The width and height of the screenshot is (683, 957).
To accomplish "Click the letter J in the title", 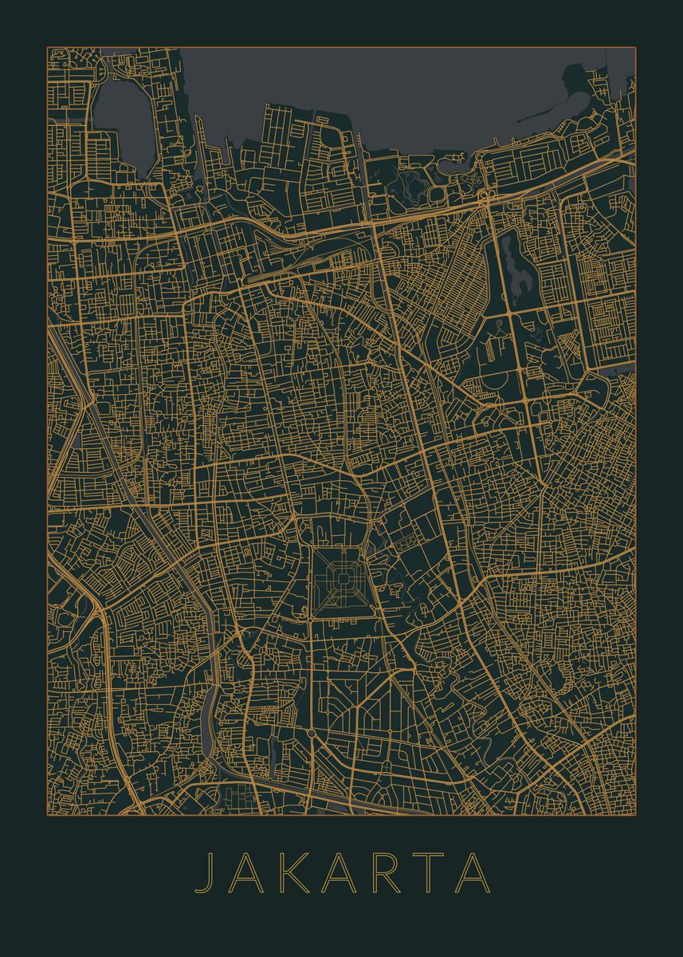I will [x=206, y=872].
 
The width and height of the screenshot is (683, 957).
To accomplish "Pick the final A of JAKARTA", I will [x=474, y=872].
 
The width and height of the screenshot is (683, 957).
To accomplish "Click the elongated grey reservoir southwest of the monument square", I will [x=208, y=722].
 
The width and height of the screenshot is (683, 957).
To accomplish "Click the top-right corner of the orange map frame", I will [x=635, y=48].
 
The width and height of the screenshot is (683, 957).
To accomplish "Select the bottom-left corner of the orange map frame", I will [x=48, y=814].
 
